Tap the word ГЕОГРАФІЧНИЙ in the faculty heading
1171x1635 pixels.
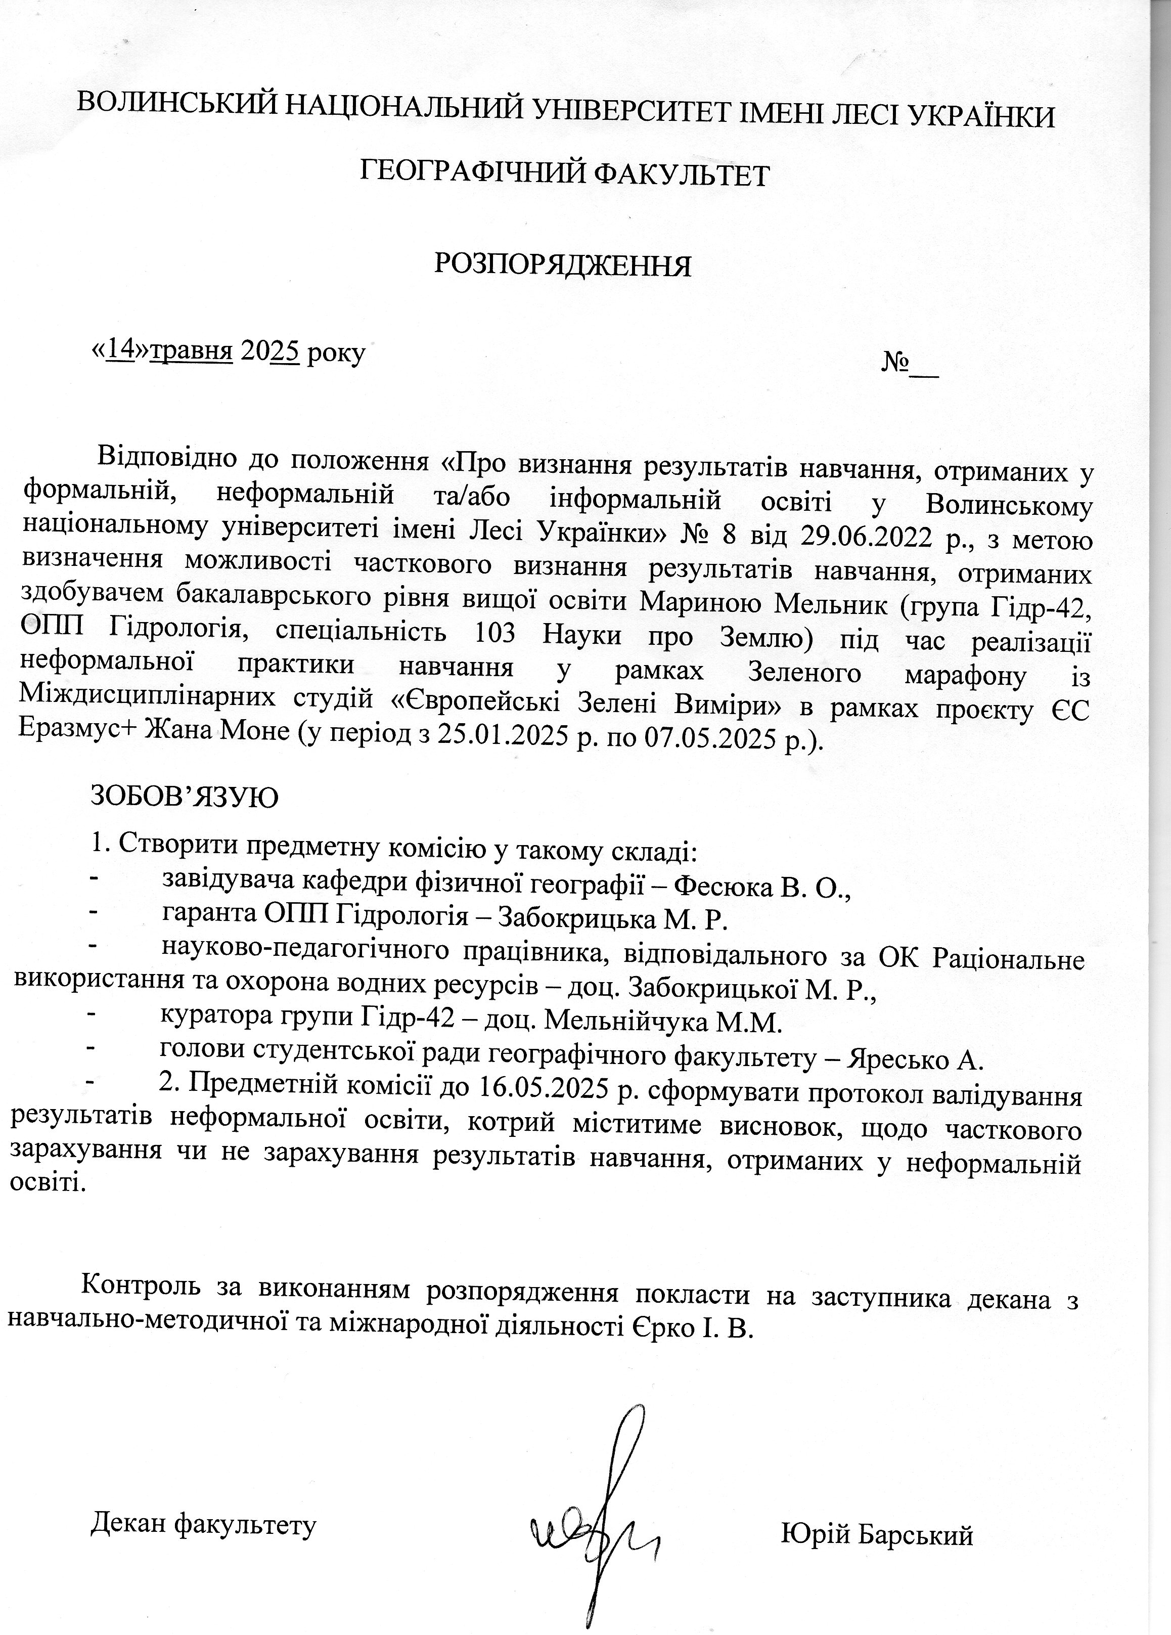pos(468,174)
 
